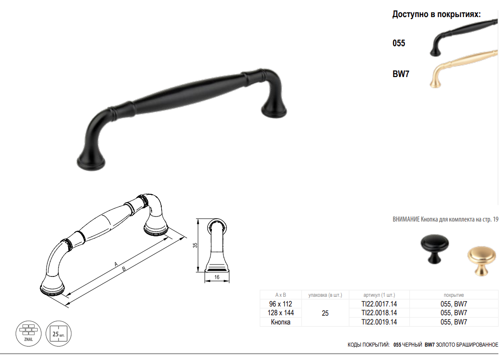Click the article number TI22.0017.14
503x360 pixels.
click(379, 304)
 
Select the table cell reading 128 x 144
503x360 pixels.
click(281, 313)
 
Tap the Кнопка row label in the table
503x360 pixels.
click(281, 322)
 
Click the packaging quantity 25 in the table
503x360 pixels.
click(325, 313)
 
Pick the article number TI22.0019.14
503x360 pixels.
click(379, 322)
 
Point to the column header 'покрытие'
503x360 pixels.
click(454, 295)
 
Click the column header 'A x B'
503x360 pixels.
click(281, 295)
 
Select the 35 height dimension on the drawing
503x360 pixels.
click(195, 245)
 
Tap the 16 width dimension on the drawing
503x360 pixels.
click(217, 277)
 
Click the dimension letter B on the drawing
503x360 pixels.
click(124, 269)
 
